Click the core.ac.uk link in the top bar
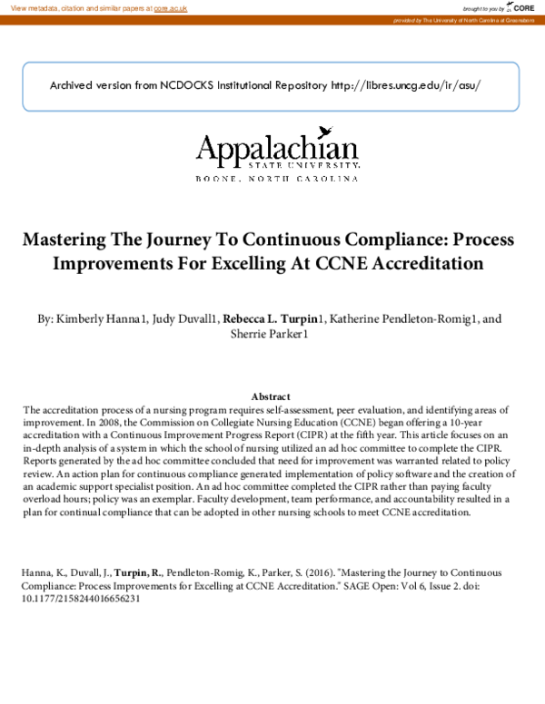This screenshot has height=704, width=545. [170, 7]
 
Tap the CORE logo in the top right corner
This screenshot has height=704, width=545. [520, 8]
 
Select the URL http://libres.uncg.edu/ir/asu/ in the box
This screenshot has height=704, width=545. [406, 85]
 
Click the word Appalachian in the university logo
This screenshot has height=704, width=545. [277, 150]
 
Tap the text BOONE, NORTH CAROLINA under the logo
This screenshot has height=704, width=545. [277, 179]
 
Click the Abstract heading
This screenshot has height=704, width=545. [271, 396]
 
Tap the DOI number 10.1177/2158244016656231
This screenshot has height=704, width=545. [81, 599]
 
